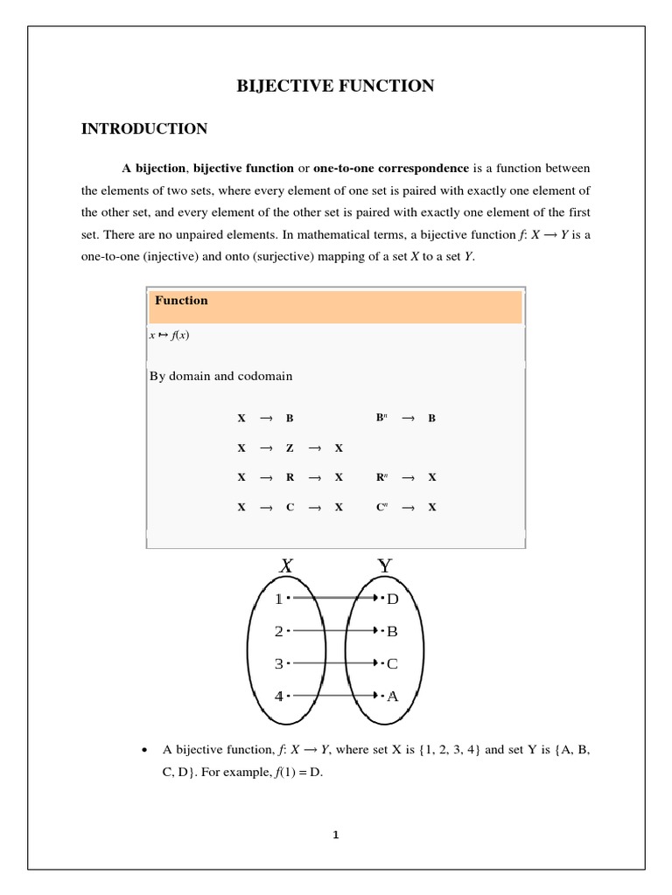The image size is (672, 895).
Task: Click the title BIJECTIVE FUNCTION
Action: pyautogui.click(x=336, y=86)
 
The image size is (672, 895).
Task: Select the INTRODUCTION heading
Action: pyautogui.click(x=144, y=129)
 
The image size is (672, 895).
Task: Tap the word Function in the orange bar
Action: pyautogui.click(x=181, y=301)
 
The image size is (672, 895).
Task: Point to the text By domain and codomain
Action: pyautogui.click(x=220, y=376)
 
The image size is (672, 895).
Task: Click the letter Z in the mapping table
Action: pyautogui.click(x=290, y=447)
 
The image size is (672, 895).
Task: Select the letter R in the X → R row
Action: pyautogui.click(x=290, y=477)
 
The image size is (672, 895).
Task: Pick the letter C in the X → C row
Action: pyautogui.click(x=290, y=507)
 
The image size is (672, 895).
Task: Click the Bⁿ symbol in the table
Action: pyautogui.click(x=381, y=418)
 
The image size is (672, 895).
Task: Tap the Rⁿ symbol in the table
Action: pyautogui.click(x=381, y=477)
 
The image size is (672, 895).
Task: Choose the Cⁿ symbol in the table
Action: pyautogui.click(x=381, y=507)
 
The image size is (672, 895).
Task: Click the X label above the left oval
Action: pyautogui.click(x=286, y=566)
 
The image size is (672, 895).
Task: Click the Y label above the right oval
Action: pyautogui.click(x=384, y=566)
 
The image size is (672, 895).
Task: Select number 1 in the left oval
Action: pyautogui.click(x=278, y=599)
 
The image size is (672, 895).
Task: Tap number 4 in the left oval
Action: pyautogui.click(x=278, y=697)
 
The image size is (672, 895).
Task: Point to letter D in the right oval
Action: pyautogui.click(x=392, y=599)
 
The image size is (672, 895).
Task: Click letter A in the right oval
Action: pyautogui.click(x=392, y=697)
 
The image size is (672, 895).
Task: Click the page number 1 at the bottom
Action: pyautogui.click(x=335, y=835)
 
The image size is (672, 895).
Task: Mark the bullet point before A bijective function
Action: pyautogui.click(x=143, y=751)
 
